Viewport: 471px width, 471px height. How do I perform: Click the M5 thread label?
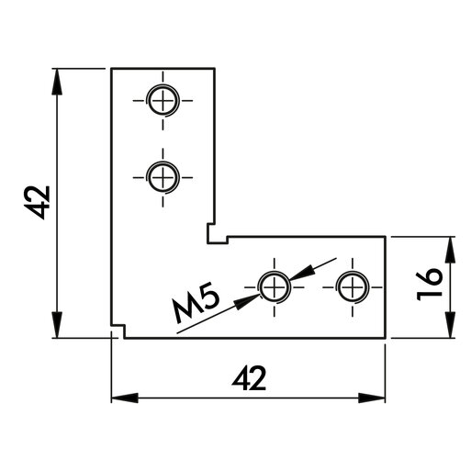pos(196,306)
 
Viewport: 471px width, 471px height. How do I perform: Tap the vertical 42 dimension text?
pos(38,202)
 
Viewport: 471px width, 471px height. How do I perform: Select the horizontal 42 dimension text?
pos(249,378)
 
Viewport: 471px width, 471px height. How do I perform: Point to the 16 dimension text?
pos(430,284)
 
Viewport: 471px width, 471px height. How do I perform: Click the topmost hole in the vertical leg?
pos(163,100)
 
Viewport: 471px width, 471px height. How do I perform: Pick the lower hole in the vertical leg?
pos(163,177)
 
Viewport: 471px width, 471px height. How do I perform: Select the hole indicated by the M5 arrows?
pos(275,287)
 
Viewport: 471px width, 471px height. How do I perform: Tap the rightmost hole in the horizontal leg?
pos(353,287)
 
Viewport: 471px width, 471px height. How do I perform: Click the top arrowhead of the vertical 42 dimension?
pos(57,81)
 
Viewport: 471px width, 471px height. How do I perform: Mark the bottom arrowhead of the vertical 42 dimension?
pos(57,325)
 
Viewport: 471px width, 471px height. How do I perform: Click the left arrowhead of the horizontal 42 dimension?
pos(125,398)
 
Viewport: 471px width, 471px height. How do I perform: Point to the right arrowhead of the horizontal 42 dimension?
pos(372,398)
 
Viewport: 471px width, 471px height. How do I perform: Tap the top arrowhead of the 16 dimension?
pos(450,250)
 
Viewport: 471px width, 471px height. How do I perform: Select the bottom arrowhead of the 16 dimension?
pos(450,325)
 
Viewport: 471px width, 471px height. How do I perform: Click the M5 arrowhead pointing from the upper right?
pos(302,273)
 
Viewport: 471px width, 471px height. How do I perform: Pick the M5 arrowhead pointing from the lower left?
pos(247,302)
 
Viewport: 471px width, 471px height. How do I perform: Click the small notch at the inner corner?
pos(218,234)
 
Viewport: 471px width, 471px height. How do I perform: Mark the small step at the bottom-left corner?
pos(118,331)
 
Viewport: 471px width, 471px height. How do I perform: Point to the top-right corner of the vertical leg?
pos(215,68)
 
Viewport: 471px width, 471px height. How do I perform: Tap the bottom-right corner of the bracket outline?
pos(385,339)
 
